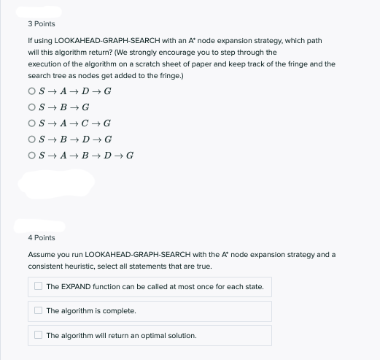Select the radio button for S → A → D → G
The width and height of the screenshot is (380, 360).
click(31, 91)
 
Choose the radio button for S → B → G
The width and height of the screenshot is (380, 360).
click(31, 107)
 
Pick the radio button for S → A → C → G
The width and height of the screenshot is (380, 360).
click(31, 123)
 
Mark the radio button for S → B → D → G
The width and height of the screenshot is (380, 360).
click(31, 139)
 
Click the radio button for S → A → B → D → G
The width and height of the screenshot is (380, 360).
click(31, 156)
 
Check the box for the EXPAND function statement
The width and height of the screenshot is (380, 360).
click(38, 286)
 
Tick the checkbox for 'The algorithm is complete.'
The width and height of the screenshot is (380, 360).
click(38, 311)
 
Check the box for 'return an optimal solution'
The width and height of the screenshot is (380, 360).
click(38, 336)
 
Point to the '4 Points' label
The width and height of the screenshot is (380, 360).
click(42, 237)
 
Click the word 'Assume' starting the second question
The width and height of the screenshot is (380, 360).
click(41, 255)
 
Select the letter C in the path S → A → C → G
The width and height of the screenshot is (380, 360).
click(88, 123)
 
